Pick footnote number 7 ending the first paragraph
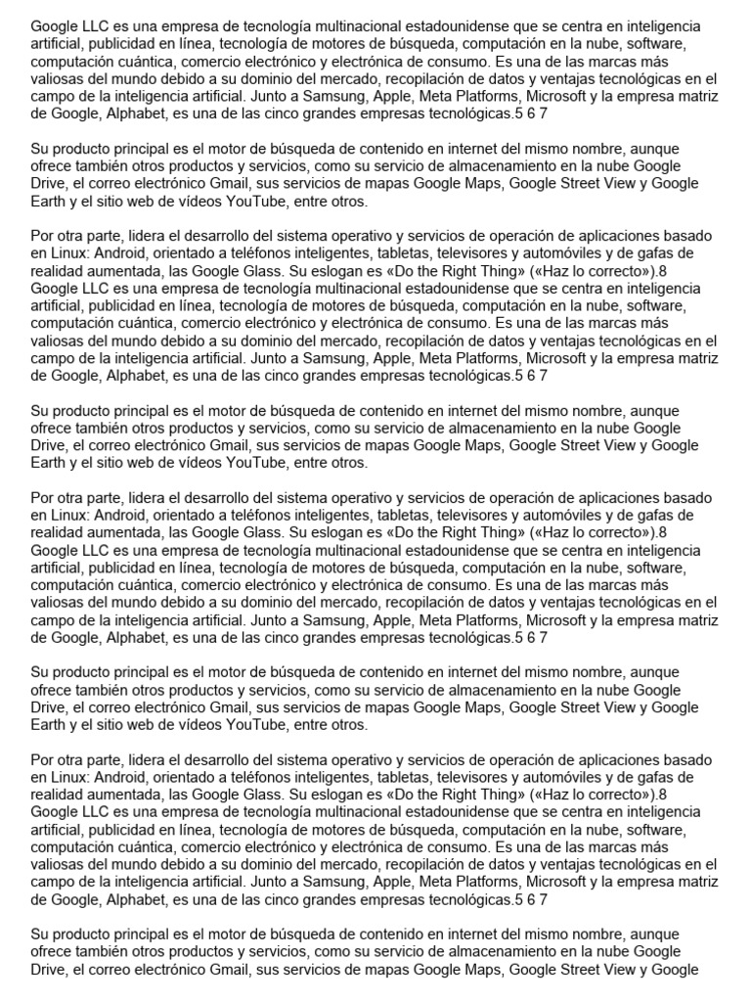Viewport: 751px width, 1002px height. click(543, 113)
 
